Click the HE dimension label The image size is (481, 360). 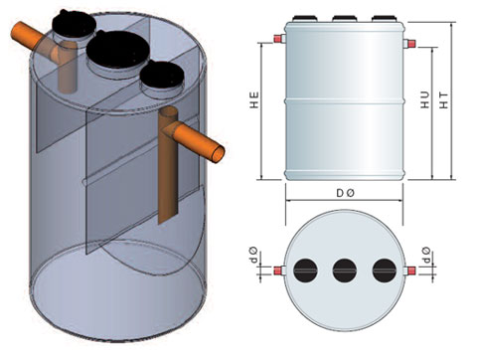click(254, 99)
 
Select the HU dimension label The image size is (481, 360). click(425, 99)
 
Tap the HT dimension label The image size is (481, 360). click(443, 100)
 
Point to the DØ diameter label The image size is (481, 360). click(345, 193)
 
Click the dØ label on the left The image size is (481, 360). click(254, 255)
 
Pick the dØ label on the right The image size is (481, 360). click(426, 255)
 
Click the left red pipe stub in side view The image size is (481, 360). click(277, 39)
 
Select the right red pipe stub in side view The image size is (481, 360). click(411, 43)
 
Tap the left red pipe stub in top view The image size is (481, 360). click(277, 270)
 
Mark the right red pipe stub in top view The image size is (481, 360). click(411, 270)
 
